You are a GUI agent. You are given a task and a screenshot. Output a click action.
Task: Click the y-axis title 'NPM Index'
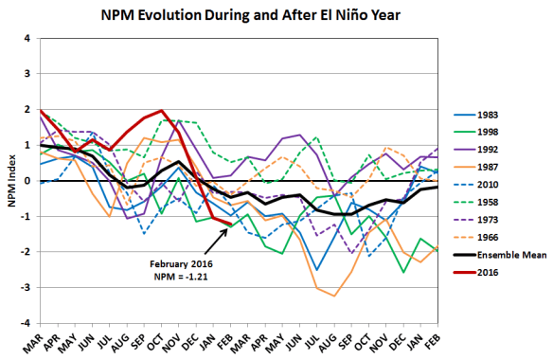point(10,181)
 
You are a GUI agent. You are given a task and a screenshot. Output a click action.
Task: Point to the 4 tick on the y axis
point(28,39)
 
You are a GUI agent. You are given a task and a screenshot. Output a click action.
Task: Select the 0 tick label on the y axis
point(28,181)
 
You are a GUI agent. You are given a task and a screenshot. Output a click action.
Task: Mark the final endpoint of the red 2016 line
point(230,225)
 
